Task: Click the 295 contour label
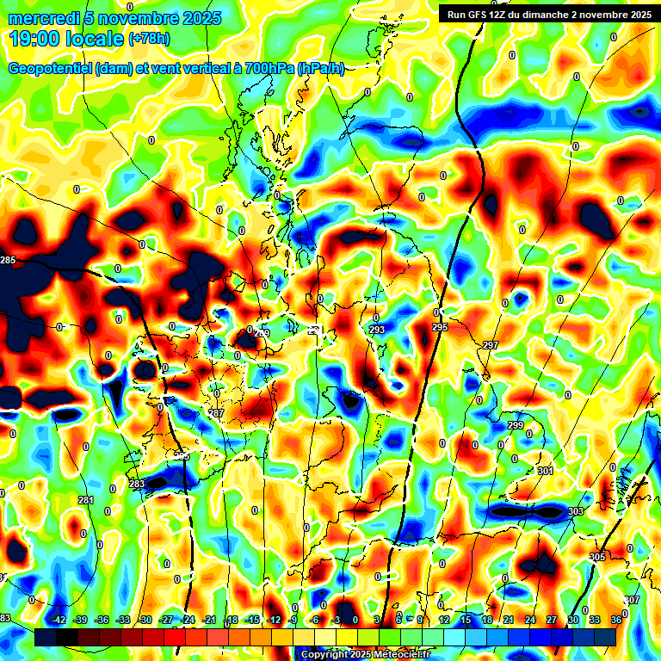point(440,328)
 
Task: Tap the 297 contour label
point(491,345)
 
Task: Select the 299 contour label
point(516,426)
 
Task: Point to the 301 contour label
point(545,471)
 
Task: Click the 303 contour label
point(576,511)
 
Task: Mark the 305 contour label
point(597,557)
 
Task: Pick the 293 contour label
point(377,330)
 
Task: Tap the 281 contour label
point(86,500)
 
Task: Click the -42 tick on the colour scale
point(59,620)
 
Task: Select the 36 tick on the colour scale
point(616,620)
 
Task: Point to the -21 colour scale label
point(209,620)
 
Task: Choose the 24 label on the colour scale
point(530,620)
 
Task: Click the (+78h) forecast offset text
point(149,39)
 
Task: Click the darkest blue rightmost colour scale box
point(605,637)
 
